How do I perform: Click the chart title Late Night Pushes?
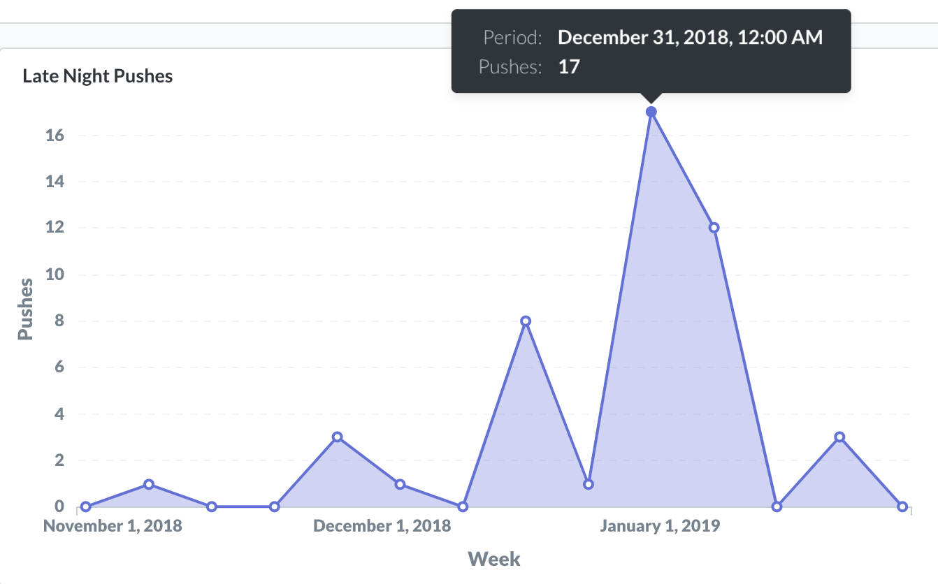point(98,76)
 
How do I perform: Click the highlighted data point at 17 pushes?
point(651,112)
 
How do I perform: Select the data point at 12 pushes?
point(714,228)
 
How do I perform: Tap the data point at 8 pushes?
point(526,321)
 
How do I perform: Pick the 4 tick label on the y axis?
point(59,414)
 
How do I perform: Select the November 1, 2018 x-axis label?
point(113,526)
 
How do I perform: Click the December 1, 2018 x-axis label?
point(382,526)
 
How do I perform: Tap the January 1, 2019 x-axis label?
point(659,526)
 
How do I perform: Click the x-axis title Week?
point(494,559)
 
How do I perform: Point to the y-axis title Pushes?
point(25,309)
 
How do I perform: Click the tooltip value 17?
point(569,67)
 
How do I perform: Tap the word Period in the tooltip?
point(512,38)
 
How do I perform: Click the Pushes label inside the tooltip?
point(510,67)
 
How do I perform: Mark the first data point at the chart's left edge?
point(85,507)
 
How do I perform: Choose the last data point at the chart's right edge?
point(902,507)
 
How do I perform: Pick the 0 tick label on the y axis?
point(59,506)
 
